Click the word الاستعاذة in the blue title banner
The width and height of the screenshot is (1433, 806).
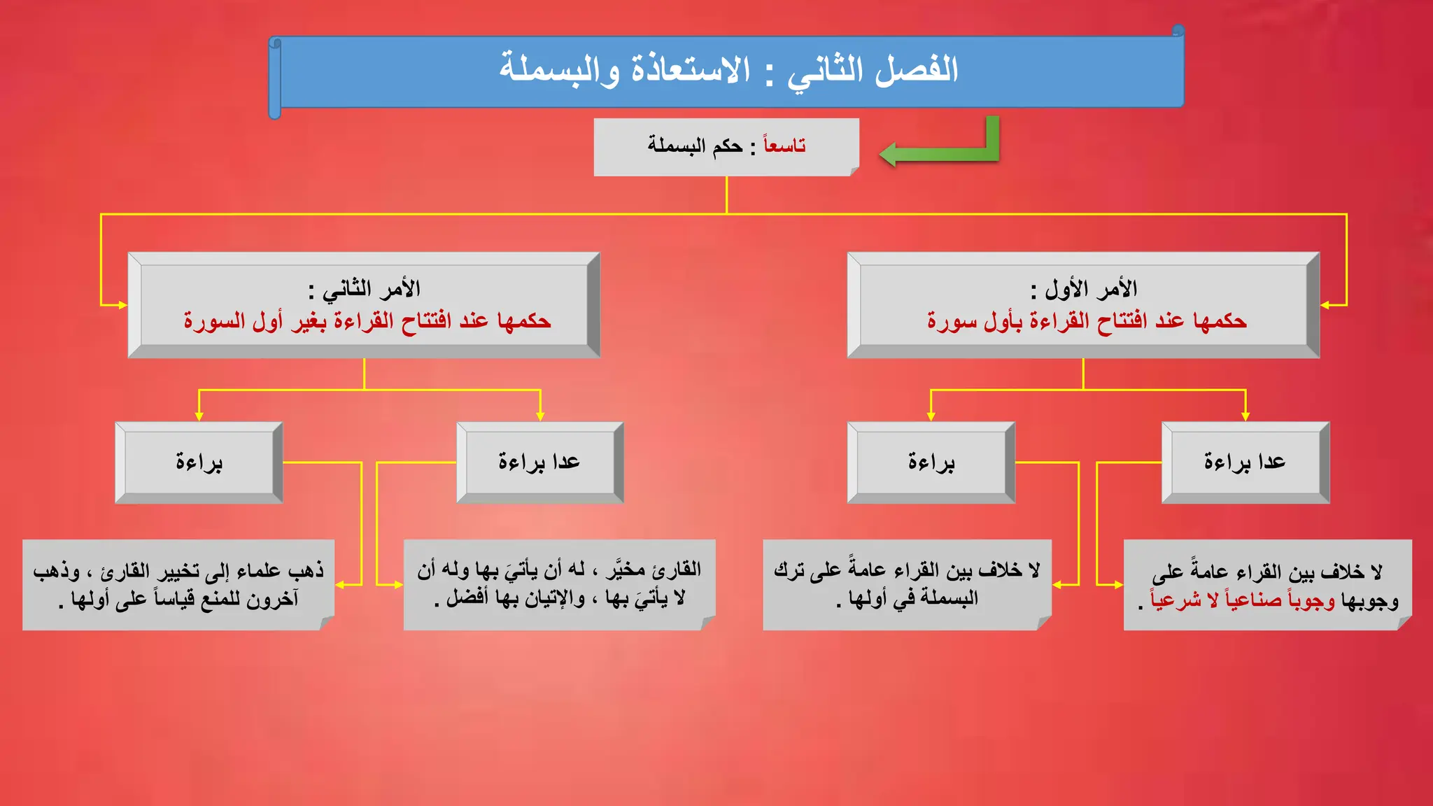pos(690,70)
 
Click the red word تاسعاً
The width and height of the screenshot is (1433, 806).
pos(784,146)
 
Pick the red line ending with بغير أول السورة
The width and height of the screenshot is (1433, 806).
pos(367,321)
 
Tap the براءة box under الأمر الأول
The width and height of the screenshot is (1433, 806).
pos(931,462)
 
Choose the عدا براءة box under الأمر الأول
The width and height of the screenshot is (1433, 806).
pos(1245,462)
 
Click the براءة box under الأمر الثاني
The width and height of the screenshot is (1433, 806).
pos(199,462)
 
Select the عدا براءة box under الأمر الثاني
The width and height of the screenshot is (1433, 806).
pos(539,462)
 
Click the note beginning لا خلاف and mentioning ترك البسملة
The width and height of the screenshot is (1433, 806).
pos(907,584)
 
